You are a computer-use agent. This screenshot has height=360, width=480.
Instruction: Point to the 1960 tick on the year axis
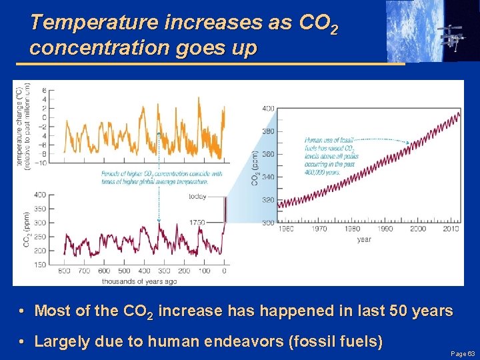pyautogui.click(x=285, y=229)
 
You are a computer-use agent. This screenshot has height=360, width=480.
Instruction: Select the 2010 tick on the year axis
pyautogui.click(x=451, y=229)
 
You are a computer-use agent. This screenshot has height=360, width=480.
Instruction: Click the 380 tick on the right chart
pyautogui.click(x=267, y=131)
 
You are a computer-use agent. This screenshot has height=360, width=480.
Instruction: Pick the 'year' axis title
pyautogui.click(x=364, y=239)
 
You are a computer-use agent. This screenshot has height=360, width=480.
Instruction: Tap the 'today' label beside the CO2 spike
pyautogui.click(x=197, y=197)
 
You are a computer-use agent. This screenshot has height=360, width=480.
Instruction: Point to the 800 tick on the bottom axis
pyautogui.click(x=64, y=271)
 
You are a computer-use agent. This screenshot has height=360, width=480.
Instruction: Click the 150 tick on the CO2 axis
pyautogui.click(x=39, y=265)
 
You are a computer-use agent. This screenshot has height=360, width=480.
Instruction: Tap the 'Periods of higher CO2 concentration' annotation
pyautogui.click(x=154, y=177)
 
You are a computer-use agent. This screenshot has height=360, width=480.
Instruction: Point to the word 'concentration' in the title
pyautogui.click(x=87, y=49)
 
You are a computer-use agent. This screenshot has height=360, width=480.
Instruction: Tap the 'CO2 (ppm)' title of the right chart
pyautogui.click(x=255, y=168)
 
